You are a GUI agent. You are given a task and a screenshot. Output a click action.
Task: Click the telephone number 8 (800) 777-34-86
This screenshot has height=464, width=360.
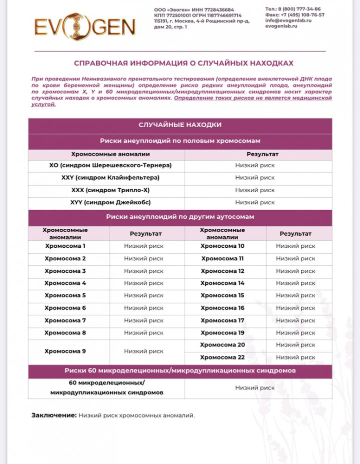(x=300, y=9)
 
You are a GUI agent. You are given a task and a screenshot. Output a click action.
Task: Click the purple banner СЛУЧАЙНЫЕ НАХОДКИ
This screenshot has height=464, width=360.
(x=180, y=125)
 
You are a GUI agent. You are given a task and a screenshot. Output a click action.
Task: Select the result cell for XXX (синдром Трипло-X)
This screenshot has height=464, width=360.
(x=255, y=190)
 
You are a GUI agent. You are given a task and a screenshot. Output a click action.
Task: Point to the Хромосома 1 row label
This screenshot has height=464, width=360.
(x=65, y=246)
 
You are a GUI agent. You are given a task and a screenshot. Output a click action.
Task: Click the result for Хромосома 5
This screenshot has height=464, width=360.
(x=143, y=295)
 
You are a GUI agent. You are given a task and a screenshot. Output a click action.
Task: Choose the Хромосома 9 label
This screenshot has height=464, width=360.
(x=65, y=351)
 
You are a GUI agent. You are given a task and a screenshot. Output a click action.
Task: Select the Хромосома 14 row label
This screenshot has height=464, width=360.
(x=222, y=283)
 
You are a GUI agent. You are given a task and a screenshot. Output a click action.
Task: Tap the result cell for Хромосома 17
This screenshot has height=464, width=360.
(x=295, y=320)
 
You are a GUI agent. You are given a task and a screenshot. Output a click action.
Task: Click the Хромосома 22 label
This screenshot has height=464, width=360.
(x=222, y=357)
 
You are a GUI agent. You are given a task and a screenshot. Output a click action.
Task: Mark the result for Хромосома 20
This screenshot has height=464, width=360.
(x=295, y=345)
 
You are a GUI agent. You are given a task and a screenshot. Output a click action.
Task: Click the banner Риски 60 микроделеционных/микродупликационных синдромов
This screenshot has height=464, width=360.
(x=180, y=371)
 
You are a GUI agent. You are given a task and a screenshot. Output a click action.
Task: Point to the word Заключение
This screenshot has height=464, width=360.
(x=54, y=415)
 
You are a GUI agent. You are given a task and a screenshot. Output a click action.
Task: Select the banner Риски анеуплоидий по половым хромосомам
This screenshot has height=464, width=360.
(x=180, y=141)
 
